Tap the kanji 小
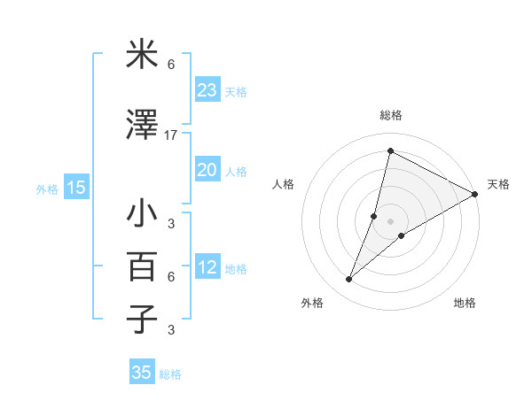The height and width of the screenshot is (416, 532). [142, 214]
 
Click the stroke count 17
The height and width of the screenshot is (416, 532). [171, 135]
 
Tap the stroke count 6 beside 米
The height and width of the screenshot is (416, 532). [171, 65]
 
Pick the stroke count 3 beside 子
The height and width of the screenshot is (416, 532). [171, 330]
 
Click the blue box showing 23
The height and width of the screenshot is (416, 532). [207, 89]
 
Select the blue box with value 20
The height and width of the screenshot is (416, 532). [207, 170]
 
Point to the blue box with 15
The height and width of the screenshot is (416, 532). [76, 187]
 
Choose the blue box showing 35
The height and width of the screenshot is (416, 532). [142, 373]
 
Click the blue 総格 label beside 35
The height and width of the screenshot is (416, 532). [170, 374]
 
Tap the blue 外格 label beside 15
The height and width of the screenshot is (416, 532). [46, 189]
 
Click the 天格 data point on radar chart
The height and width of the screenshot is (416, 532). [475, 194]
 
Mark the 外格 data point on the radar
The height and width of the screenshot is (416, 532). [349, 280]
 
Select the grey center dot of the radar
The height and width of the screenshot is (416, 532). [391, 220]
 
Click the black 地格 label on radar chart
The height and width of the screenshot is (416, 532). [465, 303]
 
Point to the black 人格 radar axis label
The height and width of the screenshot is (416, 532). [283, 184]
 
